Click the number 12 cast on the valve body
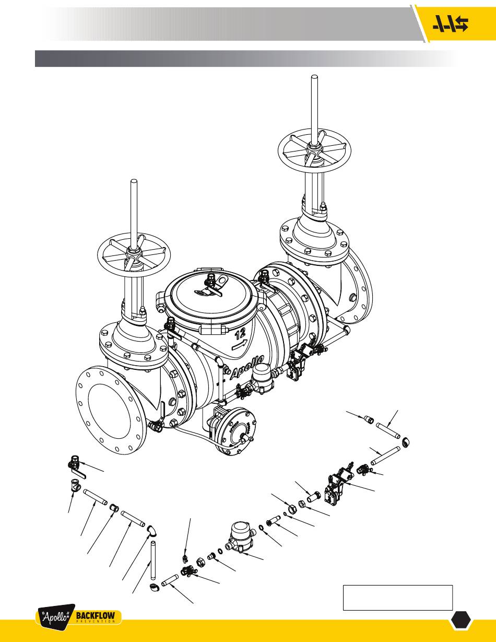(x=241, y=334)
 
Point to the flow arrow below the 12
(x=240, y=345)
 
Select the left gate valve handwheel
(x=134, y=256)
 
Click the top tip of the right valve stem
(x=314, y=77)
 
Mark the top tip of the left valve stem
(x=134, y=181)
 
